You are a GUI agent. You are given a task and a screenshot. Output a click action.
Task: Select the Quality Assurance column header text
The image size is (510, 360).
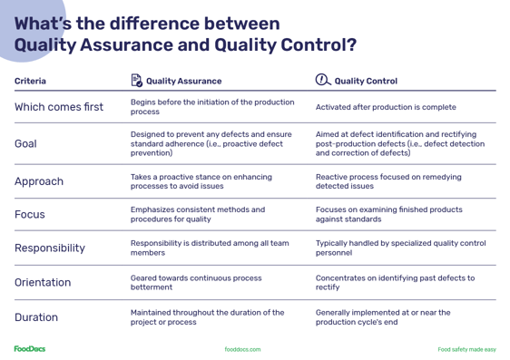point(190,81)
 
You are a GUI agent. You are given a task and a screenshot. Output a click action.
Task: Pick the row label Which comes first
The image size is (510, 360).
point(59,107)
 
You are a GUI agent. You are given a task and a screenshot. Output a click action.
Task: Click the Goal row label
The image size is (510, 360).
point(26,143)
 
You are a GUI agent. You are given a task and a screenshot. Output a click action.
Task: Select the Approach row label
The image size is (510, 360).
point(39,180)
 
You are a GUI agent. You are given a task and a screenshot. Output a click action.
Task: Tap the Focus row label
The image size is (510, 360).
point(32,215)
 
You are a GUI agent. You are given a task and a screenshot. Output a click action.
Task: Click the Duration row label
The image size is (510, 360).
point(36,317)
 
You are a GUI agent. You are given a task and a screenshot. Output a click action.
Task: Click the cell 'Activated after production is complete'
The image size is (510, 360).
point(385,107)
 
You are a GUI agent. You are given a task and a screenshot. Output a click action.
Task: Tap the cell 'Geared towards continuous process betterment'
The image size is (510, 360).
point(196,282)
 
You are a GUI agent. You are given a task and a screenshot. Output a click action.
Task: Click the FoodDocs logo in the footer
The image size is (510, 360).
point(30,347)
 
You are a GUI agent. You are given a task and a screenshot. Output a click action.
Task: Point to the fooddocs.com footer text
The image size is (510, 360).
point(243,348)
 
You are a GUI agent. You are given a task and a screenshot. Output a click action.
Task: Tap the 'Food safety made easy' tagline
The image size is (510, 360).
point(466,348)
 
